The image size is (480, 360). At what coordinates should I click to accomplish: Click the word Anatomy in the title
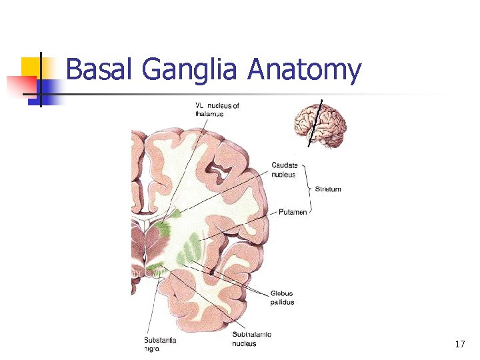tap(304, 70)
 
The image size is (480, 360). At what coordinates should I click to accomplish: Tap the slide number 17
tap(459, 344)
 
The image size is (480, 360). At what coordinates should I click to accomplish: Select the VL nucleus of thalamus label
tap(217, 110)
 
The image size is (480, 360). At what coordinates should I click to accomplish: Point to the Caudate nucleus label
tap(285, 170)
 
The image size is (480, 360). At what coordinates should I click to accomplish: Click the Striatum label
tap(328, 189)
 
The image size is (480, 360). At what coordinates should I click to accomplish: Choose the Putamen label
tap(293, 212)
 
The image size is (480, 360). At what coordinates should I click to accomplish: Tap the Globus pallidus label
tap(283, 297)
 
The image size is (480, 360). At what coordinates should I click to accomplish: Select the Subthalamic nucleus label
tap(251, 339)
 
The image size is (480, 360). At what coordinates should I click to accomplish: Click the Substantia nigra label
tap(160, 344)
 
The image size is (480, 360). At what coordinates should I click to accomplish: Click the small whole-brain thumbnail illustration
tap(321, 125)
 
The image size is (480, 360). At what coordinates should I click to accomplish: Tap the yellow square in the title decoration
tap(31, 67)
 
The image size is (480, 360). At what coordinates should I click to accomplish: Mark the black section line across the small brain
tap(315, 123)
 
